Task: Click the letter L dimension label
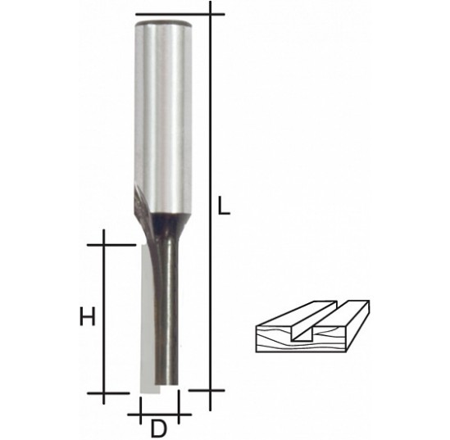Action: pyautogui.click(x=224, y=206)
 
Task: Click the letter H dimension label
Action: pyautogui.click(x=87, y=316)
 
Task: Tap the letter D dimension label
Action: pyautogui.click(x=159, y=429)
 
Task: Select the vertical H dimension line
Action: pyautogui.click(x=103, y=316)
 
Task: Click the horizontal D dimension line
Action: pyautogui.click(x=160, y=415)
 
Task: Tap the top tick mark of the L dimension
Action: pyautogui.click(x=180, y=14)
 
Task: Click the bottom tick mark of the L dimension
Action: pyautogui.click(x=207, y=390)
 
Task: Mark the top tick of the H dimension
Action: pyautogui.click(x=111, y=245)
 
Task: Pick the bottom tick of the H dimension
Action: pyautogui.click(x=109, y=393)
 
